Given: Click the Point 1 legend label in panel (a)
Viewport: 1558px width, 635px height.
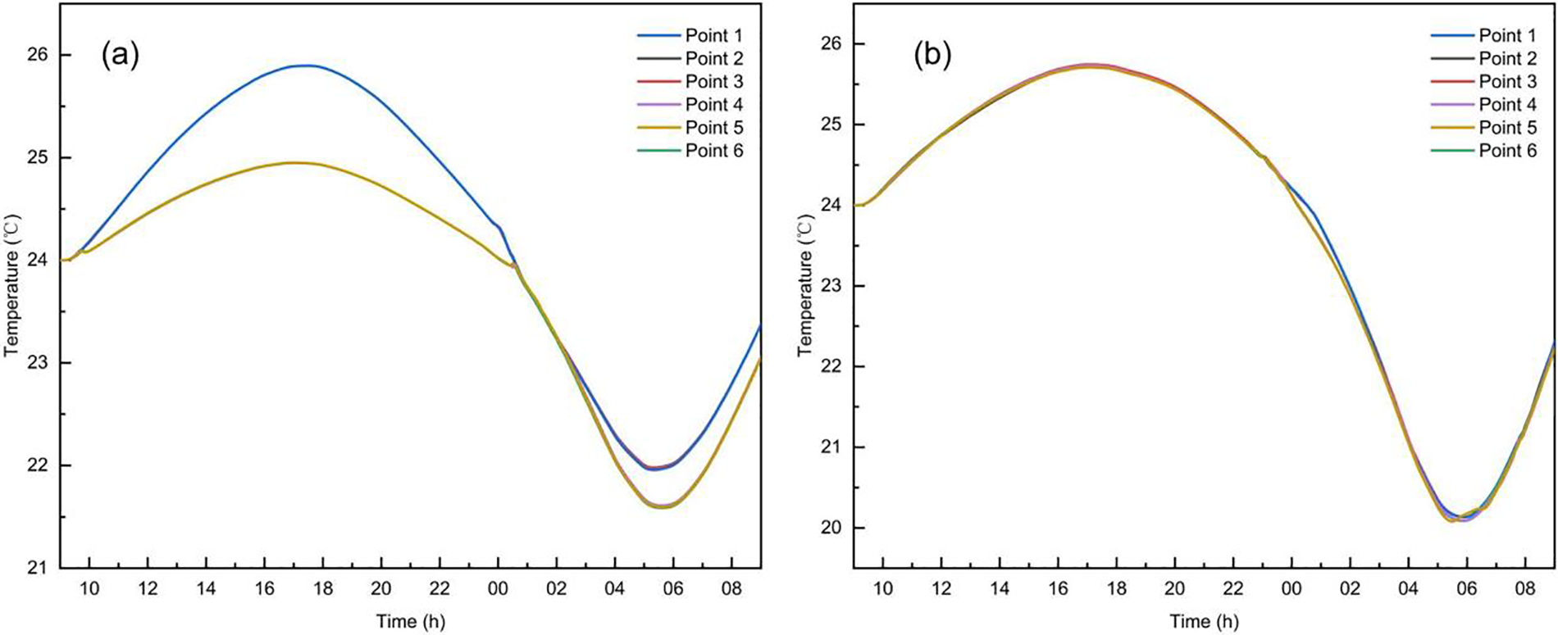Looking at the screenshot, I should [714, 36].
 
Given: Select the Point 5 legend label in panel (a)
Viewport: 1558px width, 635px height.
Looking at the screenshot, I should [714, 128].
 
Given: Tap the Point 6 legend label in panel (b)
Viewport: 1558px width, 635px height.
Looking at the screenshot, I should [1508, 151].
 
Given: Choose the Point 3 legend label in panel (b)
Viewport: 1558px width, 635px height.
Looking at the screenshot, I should [1508, 82].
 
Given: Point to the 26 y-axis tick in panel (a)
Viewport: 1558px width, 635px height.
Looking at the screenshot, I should [39, 55].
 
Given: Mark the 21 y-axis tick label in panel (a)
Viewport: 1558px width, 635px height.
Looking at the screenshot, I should [39, 568].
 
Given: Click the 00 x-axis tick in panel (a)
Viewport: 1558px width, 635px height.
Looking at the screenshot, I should [498, 589].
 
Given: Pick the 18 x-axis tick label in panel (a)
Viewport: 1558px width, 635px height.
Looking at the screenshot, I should [322, 589].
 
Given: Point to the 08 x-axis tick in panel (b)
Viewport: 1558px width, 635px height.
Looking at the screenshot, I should [1525, 589].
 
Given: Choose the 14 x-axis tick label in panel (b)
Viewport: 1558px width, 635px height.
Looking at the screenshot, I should [1000, 589].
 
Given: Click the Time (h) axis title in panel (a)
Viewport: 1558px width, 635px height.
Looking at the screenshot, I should [411, 621].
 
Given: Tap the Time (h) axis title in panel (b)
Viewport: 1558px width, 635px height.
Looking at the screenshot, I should [1205, 621].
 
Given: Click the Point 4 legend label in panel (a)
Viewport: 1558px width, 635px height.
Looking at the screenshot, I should [714, 105].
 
